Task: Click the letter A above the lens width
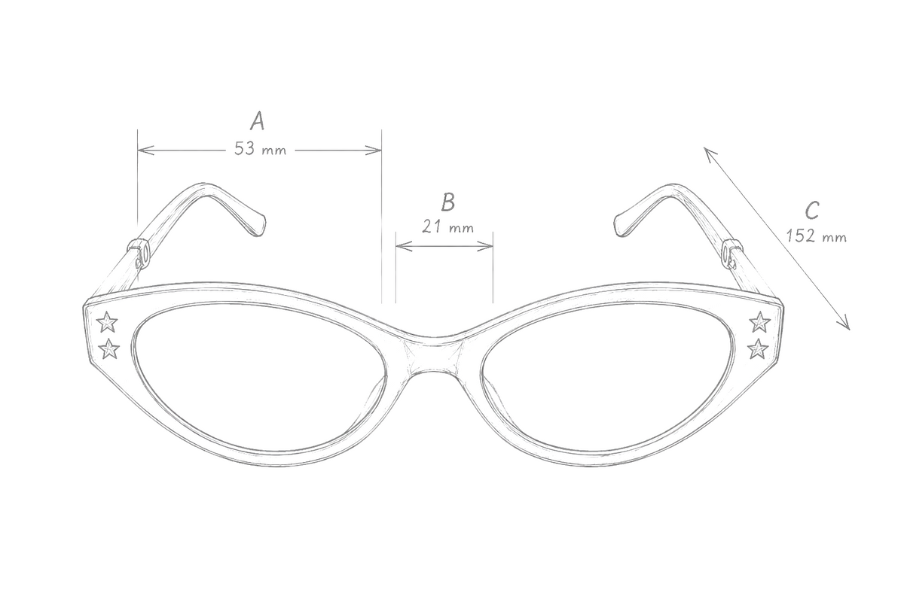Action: point(257,121)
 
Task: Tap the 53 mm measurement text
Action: point(261,149)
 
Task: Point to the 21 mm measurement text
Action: point(448,227)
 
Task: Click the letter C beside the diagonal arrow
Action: point(812,210)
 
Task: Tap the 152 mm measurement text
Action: point(816,236)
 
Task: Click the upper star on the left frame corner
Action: point(107,322)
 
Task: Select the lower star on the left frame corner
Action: point(109,349)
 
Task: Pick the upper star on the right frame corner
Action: point(760,322)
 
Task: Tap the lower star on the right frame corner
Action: point(758,349)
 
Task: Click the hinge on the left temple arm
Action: point(140,254)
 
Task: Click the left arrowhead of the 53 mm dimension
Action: point(145,150)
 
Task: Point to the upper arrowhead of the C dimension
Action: point(710,154)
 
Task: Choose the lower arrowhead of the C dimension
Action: point(844,324)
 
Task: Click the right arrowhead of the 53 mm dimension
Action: point(374,150)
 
